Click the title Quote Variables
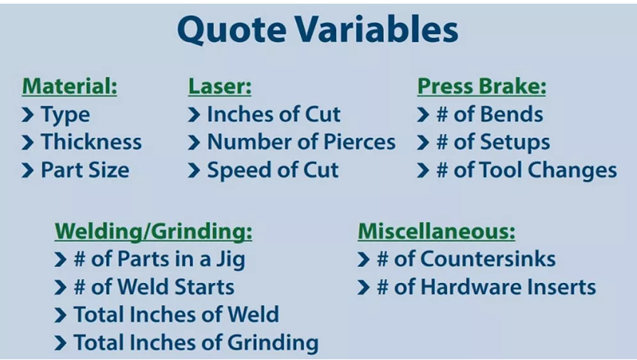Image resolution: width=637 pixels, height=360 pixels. [x=317, y=30]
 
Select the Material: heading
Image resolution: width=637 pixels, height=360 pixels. [x=70, y=87]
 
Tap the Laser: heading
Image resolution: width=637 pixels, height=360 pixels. [x=220, y=87]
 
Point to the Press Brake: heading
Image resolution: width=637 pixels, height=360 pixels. [x=482, y=87]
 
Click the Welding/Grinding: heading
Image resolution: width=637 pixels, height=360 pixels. [x=154, y=232]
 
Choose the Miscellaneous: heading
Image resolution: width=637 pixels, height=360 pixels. [x=437, y=232]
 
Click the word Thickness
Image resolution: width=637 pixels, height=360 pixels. [x=91, y=142]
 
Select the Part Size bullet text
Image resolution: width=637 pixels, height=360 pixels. [x=85, y=170]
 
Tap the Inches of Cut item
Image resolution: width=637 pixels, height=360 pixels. [x=274, y=114]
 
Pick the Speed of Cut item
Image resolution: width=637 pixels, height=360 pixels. [x=273, y=170]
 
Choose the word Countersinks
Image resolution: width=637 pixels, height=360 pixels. [x=488, y=259]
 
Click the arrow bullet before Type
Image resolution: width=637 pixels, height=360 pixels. [x=28, y=115]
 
